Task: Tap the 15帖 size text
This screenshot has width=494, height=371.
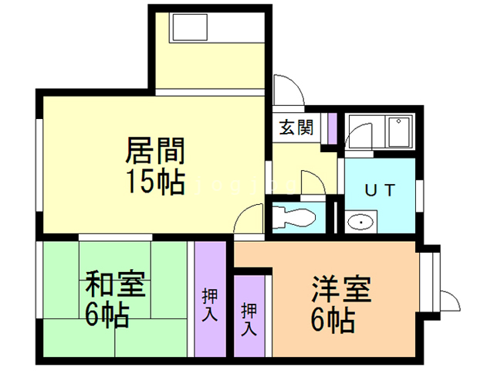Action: pos(155,182)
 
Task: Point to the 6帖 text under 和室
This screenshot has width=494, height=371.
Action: pos(107,315)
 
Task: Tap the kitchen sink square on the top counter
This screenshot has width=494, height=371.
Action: pos(186,30)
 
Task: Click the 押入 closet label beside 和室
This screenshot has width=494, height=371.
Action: pos(210,304)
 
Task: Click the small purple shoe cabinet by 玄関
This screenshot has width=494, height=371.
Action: pos(333,128)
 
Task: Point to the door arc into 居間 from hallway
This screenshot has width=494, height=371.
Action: pos(248,216)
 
